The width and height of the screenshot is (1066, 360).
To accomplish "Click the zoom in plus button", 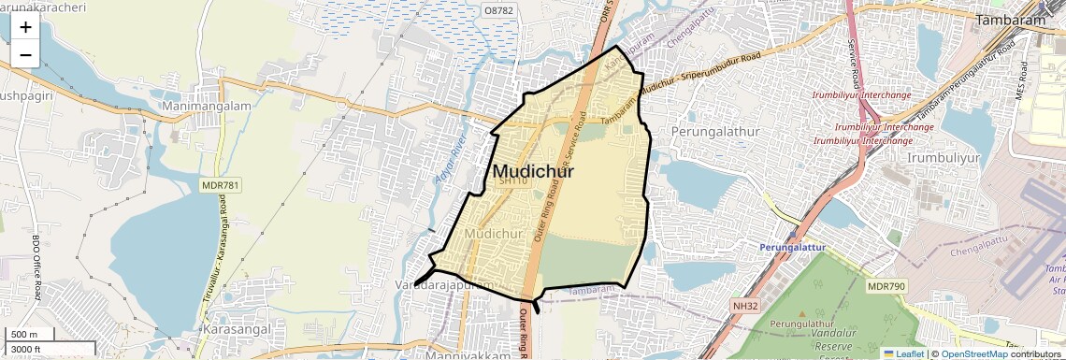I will click(x=25, y=27).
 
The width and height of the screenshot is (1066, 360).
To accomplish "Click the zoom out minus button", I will click(x=25, y=55).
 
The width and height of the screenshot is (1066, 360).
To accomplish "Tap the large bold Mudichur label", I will click(x=532, y=171).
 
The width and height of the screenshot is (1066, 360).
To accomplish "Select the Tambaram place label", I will click(x=1010, y=20).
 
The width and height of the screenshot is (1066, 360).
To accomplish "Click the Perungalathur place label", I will click(x=716, y=132).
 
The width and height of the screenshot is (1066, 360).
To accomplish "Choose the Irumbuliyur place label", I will click(x=944, y=158).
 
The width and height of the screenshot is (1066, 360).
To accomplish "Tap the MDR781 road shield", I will click(x=221, y=186).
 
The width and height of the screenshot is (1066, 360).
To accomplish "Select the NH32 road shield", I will click(x=745, y=306).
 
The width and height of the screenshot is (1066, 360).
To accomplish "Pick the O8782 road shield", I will click(x=498, y=9).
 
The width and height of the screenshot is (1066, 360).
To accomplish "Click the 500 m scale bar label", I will click(x=25, y=335).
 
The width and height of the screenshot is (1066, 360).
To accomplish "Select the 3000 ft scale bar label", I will click(x=27, y=349).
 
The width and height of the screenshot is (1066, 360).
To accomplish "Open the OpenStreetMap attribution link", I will click(x=974, y=353).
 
